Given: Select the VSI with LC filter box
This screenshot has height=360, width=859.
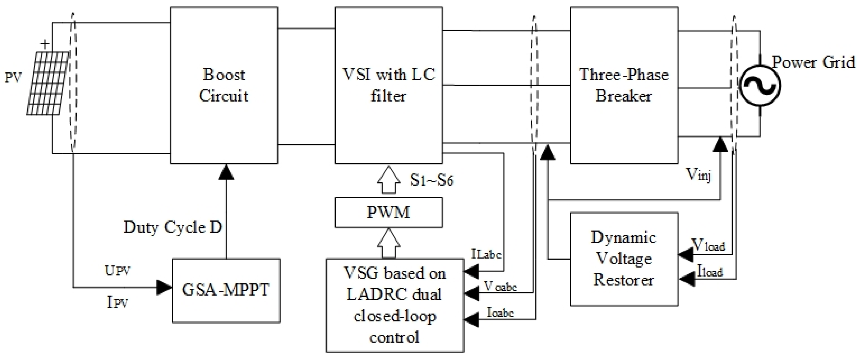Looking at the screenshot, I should [388, 85].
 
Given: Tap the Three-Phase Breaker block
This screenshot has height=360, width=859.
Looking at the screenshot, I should [624, 85].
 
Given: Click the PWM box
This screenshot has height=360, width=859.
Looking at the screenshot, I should [388, 212].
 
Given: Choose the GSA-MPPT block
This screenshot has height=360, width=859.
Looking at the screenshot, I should [226, 290].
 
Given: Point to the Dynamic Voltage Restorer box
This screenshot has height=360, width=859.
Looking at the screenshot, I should [624, 259].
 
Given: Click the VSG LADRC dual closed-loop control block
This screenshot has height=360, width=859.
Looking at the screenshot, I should [394, 305].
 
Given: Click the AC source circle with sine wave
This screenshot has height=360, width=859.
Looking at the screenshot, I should [760, 86].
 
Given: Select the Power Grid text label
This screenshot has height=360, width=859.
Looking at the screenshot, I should [814, 62].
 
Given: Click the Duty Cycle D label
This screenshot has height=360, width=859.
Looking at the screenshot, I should [172, 228].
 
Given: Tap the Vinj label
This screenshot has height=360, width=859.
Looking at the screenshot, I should [698, 174].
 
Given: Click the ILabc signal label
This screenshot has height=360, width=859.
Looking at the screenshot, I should [486, 254].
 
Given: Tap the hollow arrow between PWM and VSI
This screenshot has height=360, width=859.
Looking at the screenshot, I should [388, 180].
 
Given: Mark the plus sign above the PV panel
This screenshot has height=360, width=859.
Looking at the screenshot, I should [45, 44].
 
